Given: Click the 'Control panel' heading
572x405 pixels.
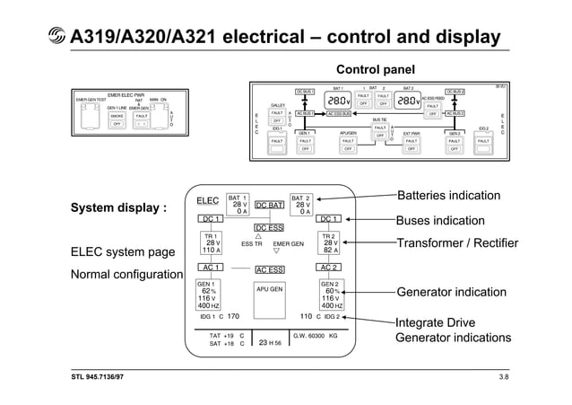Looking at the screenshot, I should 374,70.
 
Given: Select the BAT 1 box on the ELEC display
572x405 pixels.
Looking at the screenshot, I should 237,205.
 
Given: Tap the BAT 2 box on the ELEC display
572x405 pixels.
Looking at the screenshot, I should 302,205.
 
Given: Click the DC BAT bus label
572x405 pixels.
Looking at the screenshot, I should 269,206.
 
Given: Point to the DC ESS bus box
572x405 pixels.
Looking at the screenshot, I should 269,228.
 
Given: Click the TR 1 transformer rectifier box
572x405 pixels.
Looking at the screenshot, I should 212,243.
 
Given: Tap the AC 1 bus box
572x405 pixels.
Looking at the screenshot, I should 212,268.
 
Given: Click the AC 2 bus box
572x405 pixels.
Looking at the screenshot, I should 328,268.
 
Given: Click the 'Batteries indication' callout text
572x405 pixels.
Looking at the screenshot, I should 448,196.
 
